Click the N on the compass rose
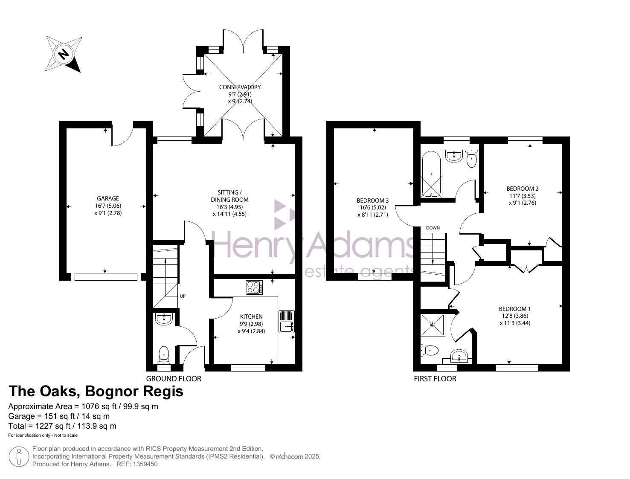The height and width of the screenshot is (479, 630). click(64, 54)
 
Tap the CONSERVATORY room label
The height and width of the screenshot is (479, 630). click(240, 87)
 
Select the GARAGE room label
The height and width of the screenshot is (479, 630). click(107, 198)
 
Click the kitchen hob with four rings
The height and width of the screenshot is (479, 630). click(254, 287)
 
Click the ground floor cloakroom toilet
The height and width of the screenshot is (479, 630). click(164, 355)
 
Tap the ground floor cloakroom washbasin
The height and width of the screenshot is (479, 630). click(164, 319)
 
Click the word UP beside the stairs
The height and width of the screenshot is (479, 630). click(183, 296)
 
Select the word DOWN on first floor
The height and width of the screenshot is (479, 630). click(433, 228)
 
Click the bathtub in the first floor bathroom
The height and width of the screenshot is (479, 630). click(431, 174)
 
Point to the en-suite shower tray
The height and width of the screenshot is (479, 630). click(433, 325)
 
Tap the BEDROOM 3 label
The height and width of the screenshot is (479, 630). click(372, 200)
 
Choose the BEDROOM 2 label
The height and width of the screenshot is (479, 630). click(523, 189)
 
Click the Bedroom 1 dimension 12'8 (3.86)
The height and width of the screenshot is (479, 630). click(515, 316)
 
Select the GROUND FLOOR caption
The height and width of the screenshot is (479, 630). click(174, 379)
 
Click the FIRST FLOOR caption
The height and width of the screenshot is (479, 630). click(435, 379)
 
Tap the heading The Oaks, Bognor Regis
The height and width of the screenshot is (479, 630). click(96, 391)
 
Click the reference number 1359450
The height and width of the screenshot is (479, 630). click(144, 464)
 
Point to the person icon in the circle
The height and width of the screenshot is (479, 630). click(19, 456)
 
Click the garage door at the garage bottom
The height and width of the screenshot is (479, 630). click(106, 277)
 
